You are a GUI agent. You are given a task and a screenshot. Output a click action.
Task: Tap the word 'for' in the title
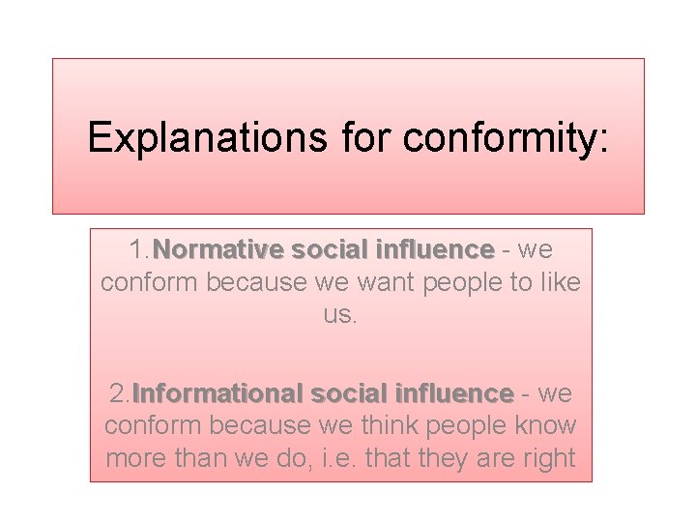point(366,138)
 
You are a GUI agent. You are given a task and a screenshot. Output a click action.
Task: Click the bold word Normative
point(218,249)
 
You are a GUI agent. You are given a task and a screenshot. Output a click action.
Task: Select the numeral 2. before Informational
point(119,394)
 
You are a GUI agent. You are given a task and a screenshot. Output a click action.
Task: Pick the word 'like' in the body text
point(560,283)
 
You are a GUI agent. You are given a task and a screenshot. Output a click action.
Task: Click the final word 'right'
point(547,458)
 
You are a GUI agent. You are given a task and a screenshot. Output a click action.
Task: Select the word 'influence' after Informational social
point(452,394)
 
